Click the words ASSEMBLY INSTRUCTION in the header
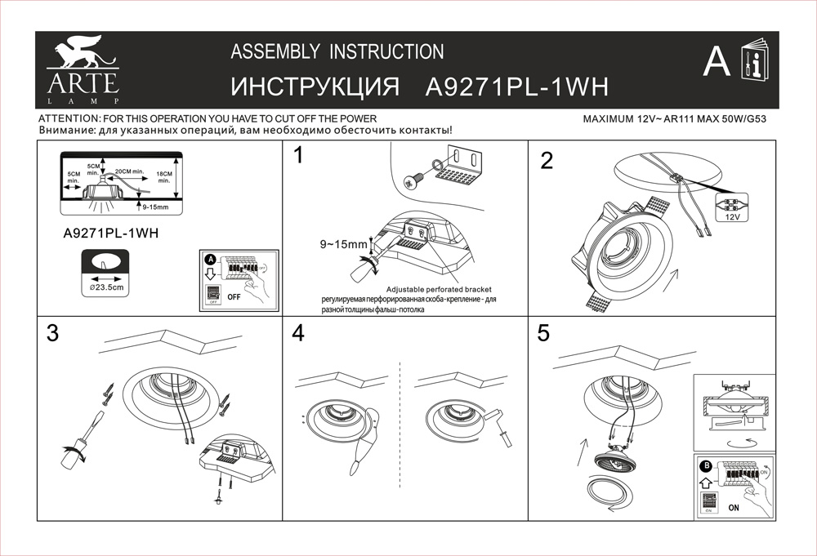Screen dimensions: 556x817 coord(337,52)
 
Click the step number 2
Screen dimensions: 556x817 coord(547,161)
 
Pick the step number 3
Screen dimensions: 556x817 coord(53,333)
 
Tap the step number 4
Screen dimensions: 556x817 coord(298,333)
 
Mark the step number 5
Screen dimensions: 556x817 coord(544,333)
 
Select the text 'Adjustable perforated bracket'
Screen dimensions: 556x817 coord(439,290)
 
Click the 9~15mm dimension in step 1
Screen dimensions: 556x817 coord(344,244)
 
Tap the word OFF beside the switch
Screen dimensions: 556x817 coord(235,296)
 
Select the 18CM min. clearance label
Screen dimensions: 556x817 coord(163,177)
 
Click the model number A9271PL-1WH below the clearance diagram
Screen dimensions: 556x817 coord(110,233)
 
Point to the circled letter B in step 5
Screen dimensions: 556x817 coord(706,466)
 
